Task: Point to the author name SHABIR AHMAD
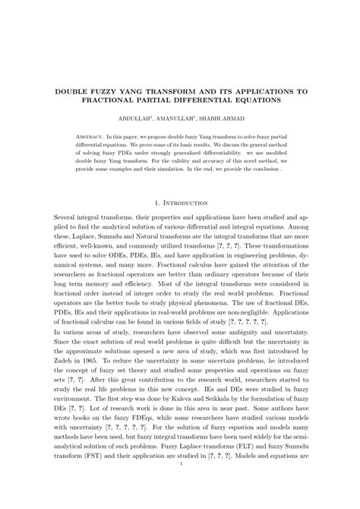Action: pos(224,119)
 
